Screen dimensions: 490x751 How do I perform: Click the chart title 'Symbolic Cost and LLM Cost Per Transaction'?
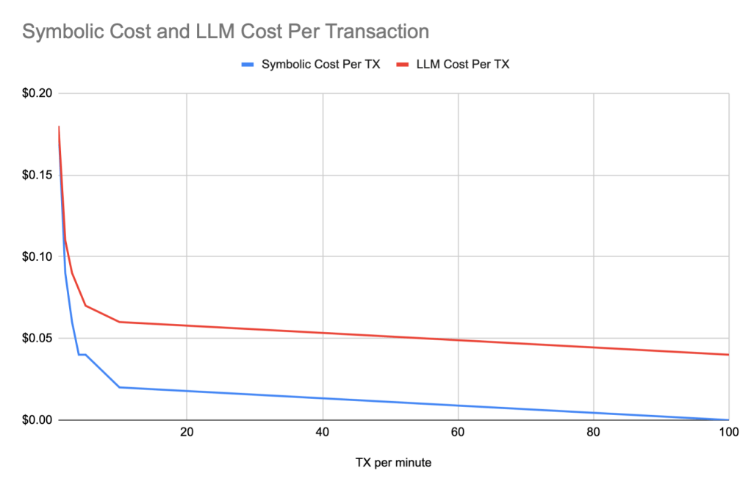click(226, 32)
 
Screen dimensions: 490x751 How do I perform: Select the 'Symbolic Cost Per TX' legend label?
click(321, 65)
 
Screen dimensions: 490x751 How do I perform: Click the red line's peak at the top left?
click(59, 126)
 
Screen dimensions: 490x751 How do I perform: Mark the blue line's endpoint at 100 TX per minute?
click(728, 419)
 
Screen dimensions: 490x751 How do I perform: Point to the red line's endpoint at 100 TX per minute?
click(728, 355)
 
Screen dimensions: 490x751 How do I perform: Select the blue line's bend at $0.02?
click(119, 387)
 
